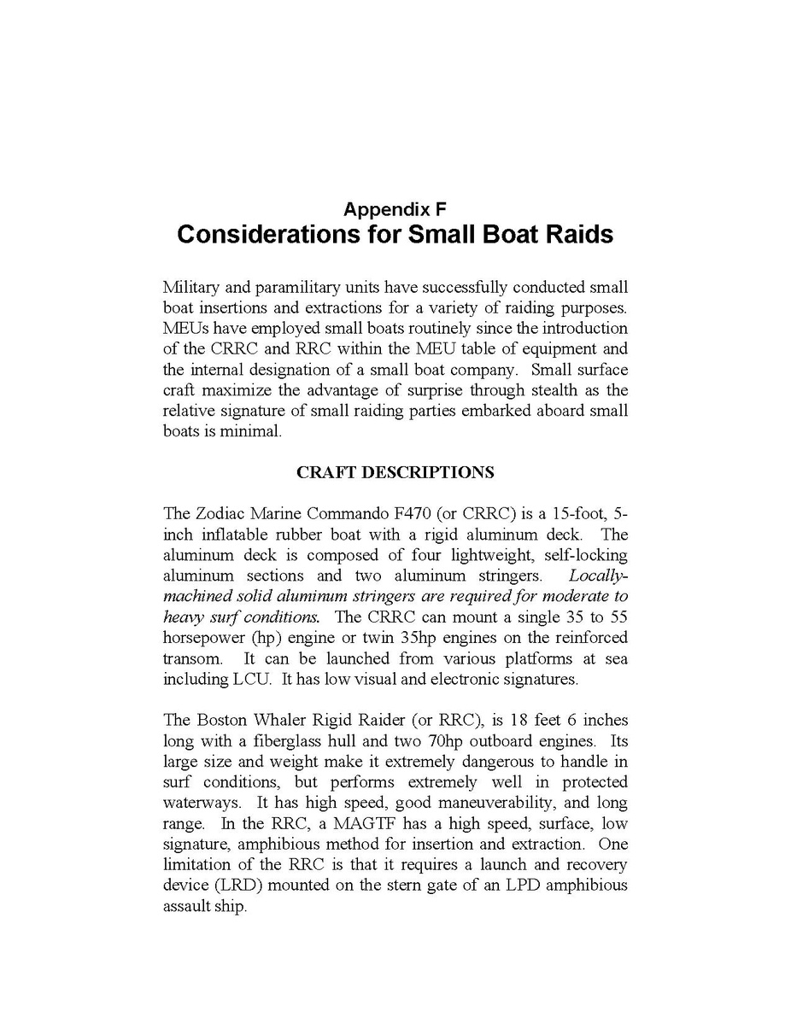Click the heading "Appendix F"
click(395, 208)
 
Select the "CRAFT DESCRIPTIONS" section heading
click(395, 472)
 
